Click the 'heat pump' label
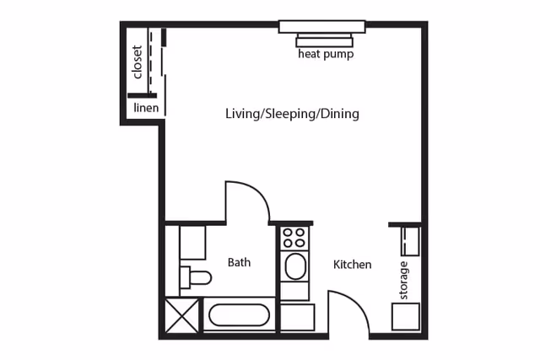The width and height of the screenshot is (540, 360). click(325, 55)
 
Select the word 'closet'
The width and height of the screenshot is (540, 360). click(138, 62)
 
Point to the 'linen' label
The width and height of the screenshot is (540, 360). click(145, 108)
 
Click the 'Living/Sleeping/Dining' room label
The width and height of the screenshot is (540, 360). click(292, 113)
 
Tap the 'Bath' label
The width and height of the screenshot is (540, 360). click(239, 262)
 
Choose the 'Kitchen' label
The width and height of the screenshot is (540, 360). click(352, 265)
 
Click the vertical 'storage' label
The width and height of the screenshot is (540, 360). click(403, 280)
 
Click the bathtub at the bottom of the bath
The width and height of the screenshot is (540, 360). click(240, 316)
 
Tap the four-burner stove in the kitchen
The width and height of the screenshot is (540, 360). click(294, 238)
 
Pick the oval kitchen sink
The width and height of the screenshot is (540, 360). click(295, 267)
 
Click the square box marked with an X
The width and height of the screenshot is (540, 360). click(183, 315)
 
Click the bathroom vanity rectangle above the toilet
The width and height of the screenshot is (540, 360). click(192, 243)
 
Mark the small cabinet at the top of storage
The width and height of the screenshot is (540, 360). click(410, 240)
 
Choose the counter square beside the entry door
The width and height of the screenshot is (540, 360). click(297, 317)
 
